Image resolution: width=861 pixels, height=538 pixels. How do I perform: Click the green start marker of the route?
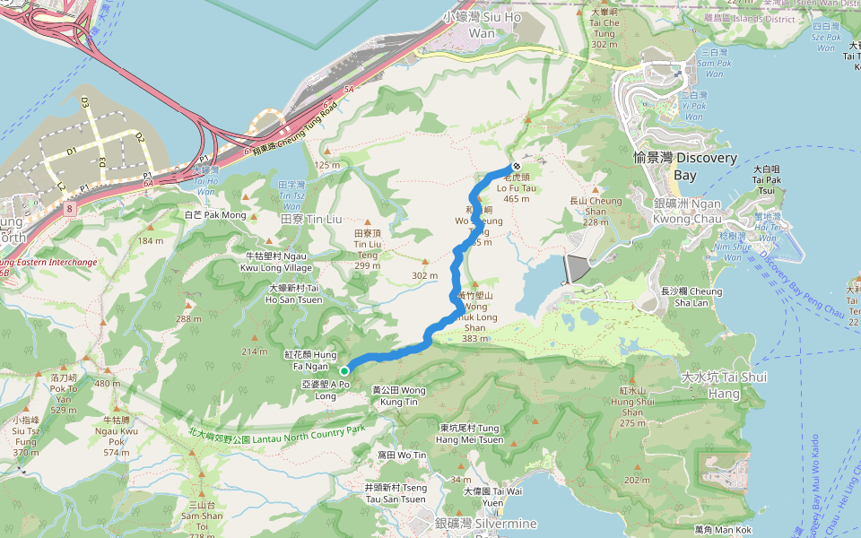tap(344, 369)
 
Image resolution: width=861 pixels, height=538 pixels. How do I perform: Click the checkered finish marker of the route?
tap(517, 167)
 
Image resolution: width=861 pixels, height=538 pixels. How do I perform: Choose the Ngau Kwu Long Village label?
tap(278, 262)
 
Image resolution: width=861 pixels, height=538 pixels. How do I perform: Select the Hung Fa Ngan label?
tap(310, 360)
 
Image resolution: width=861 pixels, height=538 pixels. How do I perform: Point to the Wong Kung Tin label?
tap(399, 395)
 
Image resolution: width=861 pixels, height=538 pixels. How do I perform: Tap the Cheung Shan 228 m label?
tap(595, 212)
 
